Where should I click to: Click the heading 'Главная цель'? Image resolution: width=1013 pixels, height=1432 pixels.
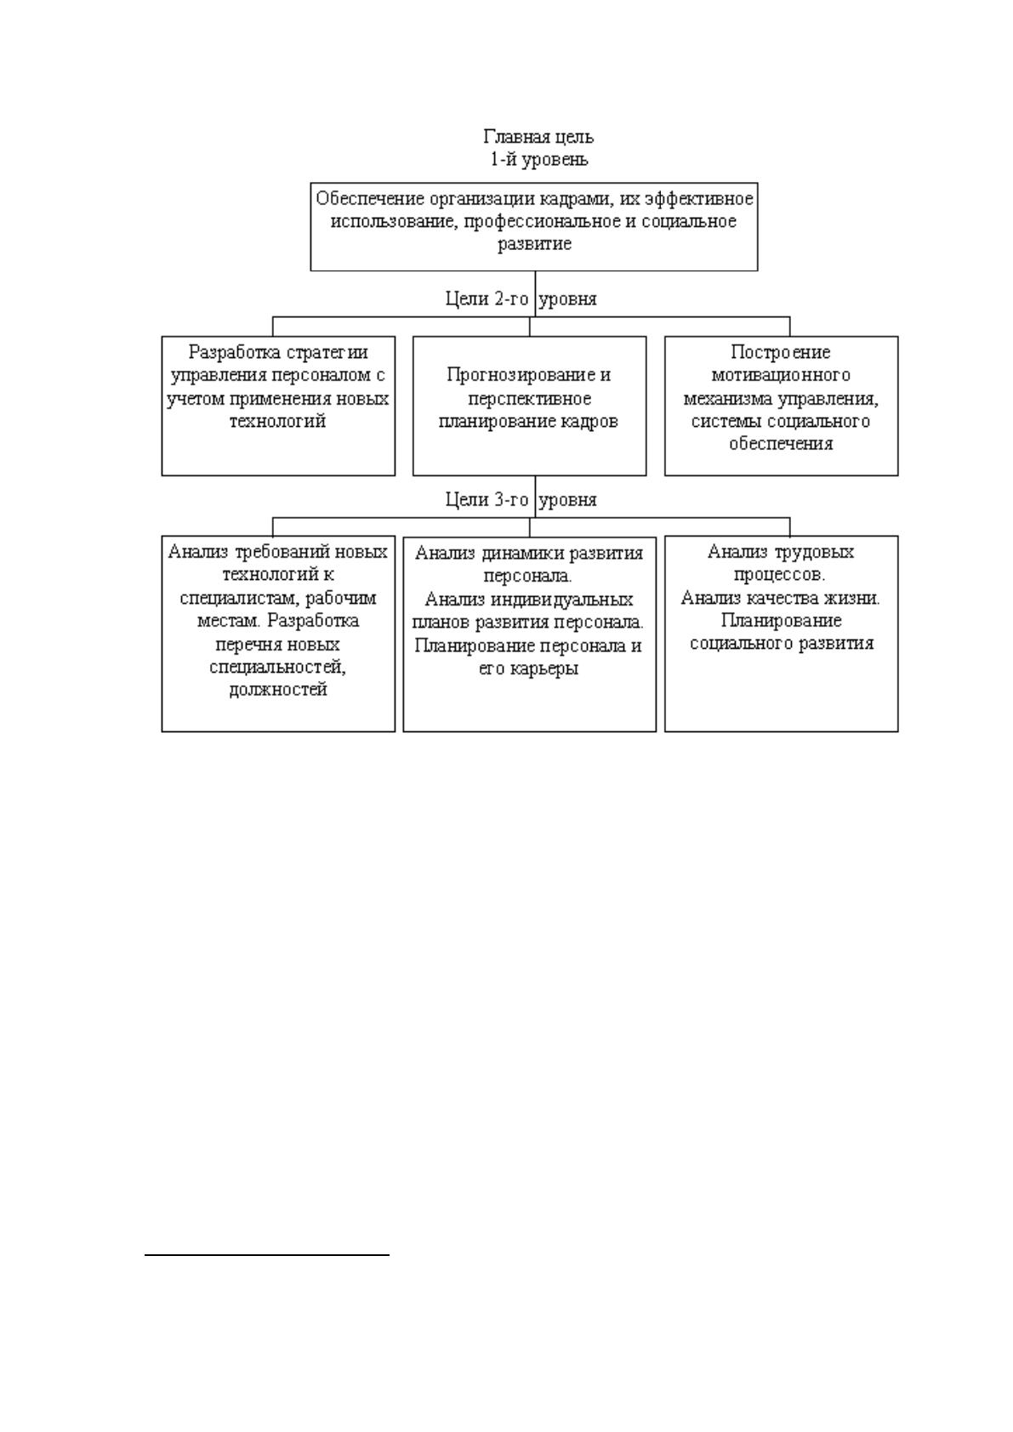538,138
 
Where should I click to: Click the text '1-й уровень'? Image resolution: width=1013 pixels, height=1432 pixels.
539,159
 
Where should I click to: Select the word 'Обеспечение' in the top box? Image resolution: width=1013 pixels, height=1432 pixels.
370,199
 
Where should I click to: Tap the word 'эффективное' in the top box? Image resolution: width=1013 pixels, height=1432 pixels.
699,199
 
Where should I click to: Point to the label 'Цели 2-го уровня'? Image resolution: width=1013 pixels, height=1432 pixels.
521,298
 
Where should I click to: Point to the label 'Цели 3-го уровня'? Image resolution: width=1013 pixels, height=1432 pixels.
521,499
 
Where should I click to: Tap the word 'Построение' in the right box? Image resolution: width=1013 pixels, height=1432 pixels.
781,352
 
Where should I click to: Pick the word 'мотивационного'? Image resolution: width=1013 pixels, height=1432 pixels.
781,375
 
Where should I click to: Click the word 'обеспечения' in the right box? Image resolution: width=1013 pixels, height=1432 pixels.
781,444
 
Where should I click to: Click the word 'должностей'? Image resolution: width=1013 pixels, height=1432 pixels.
278,690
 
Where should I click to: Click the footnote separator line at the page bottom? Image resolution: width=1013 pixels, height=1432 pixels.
267,1255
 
